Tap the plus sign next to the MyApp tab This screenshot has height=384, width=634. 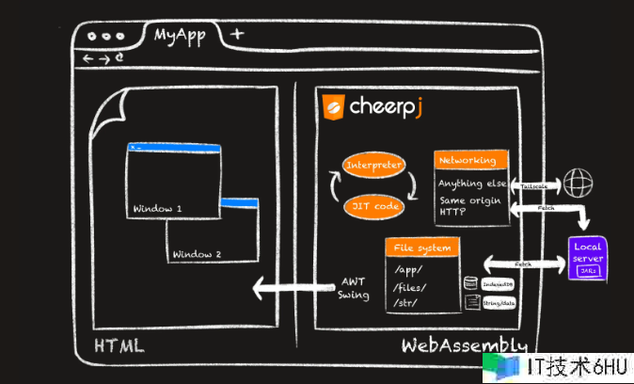coord(237,34)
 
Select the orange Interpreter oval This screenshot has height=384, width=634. coord(374,166)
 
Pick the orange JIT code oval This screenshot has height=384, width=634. coord(374,204)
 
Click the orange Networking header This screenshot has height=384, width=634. coord(471,160)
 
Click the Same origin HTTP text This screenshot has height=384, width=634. coord(470,206)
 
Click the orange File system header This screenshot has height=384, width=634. coord(422,248)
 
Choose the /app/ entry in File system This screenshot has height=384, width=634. coord(411,270)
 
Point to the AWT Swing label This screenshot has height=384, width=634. coord(353,288)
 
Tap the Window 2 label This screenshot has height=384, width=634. coord(197,254)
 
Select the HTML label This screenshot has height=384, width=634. coord(119,345)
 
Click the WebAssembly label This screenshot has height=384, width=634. coord(464,345)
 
